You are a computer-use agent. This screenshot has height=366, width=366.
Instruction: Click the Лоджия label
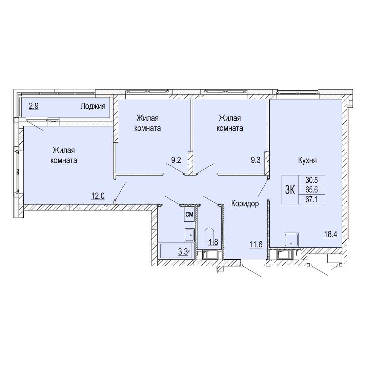[x=93, y=106]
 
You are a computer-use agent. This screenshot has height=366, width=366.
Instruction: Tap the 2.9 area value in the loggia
[x=34, y=106]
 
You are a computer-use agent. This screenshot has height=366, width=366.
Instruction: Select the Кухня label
[x=307, y=160]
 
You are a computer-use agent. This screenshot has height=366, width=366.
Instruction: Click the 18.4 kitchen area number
[x=330, y=234]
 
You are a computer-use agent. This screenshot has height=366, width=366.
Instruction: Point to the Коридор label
[x=245, y=204]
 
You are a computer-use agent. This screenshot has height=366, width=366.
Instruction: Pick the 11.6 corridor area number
[x=256, y=245]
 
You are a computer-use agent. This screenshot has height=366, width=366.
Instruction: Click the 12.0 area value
[x=98, y=196]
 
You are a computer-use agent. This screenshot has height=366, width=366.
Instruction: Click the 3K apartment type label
[x=290, y=190]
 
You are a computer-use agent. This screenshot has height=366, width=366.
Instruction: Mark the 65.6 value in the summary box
[x=312, y=189]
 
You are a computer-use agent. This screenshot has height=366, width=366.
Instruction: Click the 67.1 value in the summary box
[x=312, y=199]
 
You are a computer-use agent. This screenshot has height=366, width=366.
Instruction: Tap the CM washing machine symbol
[x=189, y=214]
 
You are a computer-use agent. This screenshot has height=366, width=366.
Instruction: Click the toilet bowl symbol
[x=209, y=236]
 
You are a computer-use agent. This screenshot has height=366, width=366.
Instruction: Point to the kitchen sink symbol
[x=291, y=240]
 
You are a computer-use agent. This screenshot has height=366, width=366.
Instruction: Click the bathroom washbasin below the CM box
[x=189, y=235]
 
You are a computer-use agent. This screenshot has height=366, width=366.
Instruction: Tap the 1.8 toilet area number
[x=213, y=242]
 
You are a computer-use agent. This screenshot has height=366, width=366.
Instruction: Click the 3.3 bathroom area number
[x=183, y=251]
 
